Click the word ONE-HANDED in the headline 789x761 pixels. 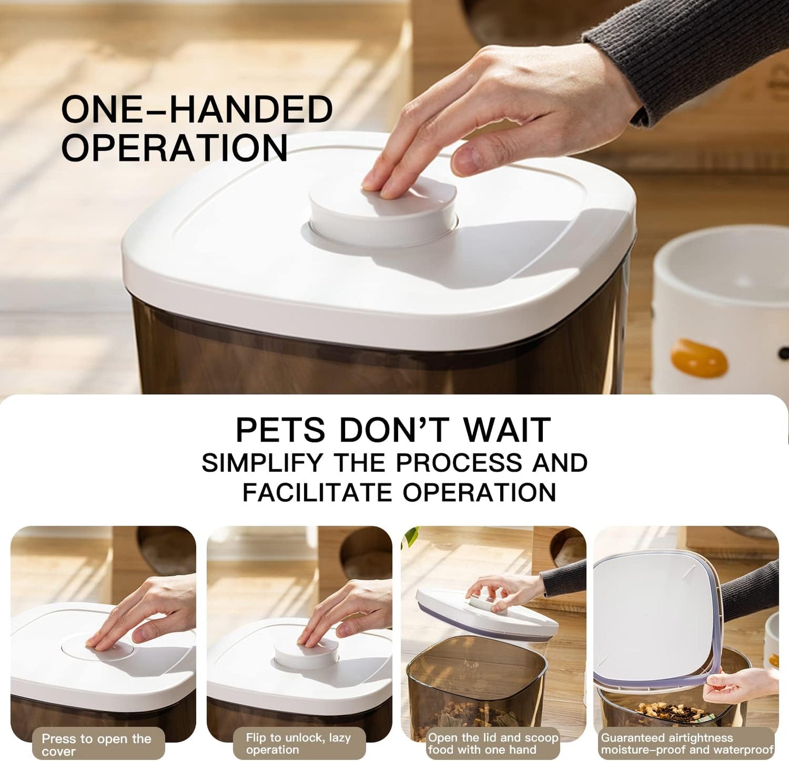(197, 109)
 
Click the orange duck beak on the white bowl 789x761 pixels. (699, 358)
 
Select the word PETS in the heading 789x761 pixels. (280, 430)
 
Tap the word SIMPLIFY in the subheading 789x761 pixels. (263, 463)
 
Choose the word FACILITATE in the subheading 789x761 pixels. (317, 492)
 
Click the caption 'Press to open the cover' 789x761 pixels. (96, 745)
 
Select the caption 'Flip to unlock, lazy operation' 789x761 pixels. (298, 744)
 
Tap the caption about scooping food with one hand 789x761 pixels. (493, 744)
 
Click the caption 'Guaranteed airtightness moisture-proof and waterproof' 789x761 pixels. (687, 744)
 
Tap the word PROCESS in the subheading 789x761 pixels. (459, 463)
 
